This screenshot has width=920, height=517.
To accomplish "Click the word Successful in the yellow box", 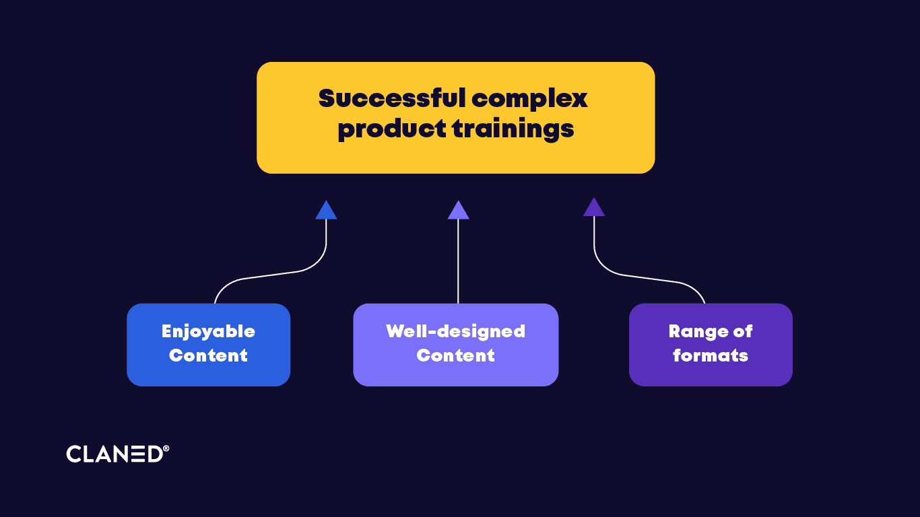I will click(x=392, y=98).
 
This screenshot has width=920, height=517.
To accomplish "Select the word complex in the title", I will click(x=529, y=100).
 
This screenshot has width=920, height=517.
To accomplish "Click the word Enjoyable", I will click(x=208, y=332).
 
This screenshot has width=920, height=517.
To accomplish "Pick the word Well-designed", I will click(x=455, y=331).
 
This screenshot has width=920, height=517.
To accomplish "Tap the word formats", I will click(x=711, y=355).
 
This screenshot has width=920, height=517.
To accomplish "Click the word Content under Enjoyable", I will click(x=208, y=355).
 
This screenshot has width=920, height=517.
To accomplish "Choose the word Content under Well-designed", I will click(x=455, y=355).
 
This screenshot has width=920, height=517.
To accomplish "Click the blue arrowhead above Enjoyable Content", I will click(x=326, y=211).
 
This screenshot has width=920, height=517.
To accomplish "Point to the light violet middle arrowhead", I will click(x=458, y=211).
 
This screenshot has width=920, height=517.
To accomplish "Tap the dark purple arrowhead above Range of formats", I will click(x=594, y=207).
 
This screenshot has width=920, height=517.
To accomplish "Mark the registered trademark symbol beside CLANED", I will click(x=166, y=448).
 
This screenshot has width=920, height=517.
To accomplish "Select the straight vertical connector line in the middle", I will click(x=458, y=263).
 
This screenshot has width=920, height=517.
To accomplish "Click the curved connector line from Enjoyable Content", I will click(x=269, y=276).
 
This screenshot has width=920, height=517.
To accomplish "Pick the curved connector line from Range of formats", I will click(x=650, y=276).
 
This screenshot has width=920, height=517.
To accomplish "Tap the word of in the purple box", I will click(x=742, y=331).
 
